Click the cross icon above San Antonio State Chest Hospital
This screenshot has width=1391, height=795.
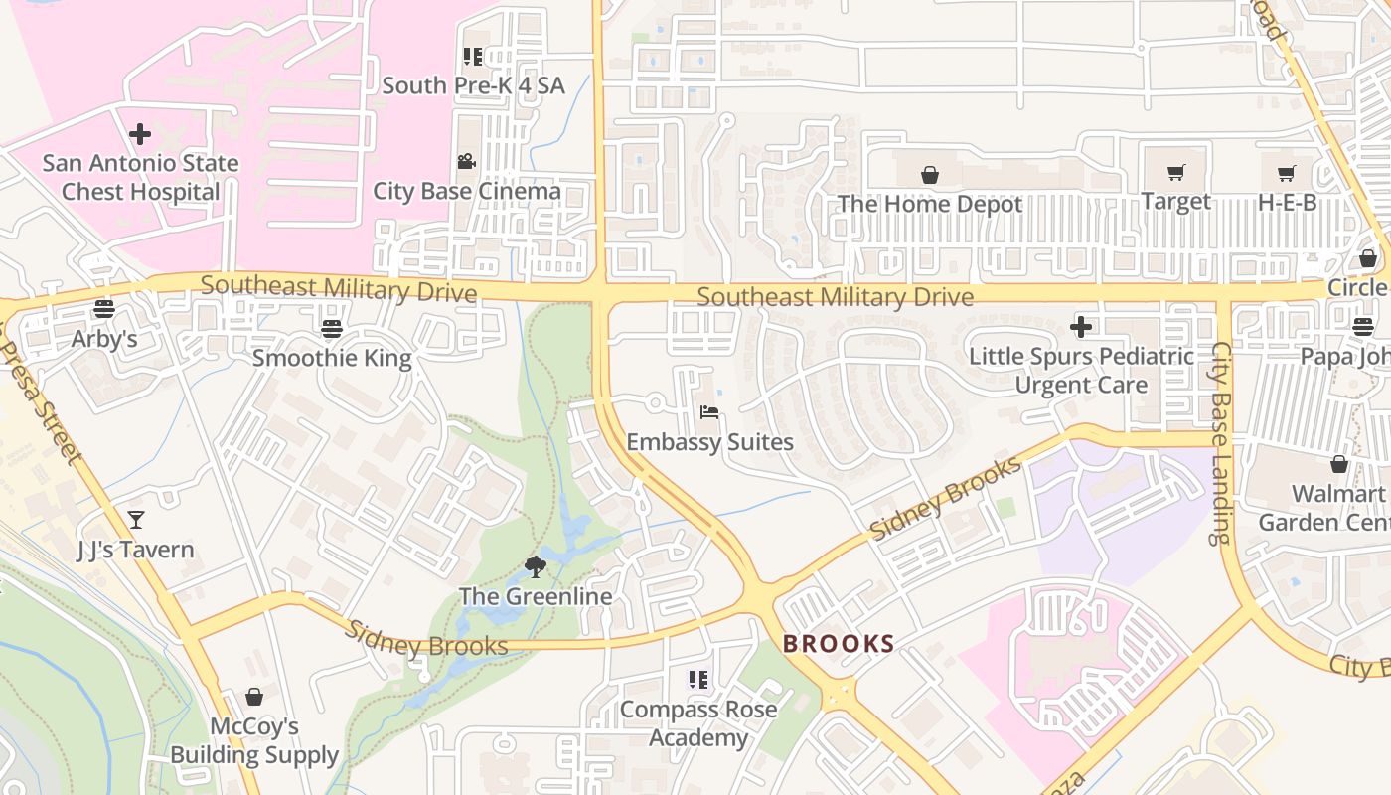pyautogui.click(x=140, y=133)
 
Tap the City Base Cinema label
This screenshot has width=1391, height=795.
pyautogui.click(x=466, y=191)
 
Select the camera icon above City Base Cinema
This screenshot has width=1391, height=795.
pyautogui.click(x=466, y=161)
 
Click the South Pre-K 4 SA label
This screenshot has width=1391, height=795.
pyautogui.click(x=473, y=85)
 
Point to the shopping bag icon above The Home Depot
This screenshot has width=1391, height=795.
pyautogui.click(x=930, y=175)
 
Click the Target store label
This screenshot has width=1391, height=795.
pyautogui.click(x=1175, y=201)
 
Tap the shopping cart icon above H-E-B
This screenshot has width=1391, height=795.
pyautogui.click(x=1287, y=173)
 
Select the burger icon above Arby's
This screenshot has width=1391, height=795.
pyautogui.click(x=104, y=308)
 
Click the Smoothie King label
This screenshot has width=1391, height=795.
pyautogui.click(x=331, y=357)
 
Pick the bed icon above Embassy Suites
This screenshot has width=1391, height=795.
pyautogui.click(x=709, y=412)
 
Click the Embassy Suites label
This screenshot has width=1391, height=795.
pyautogui.click(x=709, y=442)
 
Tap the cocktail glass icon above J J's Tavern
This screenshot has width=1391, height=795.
pyautogui.click(x=136, y=519)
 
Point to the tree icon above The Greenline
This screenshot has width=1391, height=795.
pyautogui.click(x=536, y=567)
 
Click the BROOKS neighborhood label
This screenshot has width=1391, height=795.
pyautogui.click(x=839, y=644)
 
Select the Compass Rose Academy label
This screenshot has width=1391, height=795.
pyautogui.click(x=698, y=723)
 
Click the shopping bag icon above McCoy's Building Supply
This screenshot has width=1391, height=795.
pyautogui.click(x=254, y=697)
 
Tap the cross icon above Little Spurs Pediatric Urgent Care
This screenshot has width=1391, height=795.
pyautogui.click(x=1081, y=326)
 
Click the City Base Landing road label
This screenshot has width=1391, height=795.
pyautogui.click(x=1220, y=443)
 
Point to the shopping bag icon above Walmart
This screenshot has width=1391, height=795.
pyautogui.click(x=1339, y=464)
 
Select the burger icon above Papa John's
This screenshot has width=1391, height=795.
pyautogui.click(x=1363, y=326)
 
